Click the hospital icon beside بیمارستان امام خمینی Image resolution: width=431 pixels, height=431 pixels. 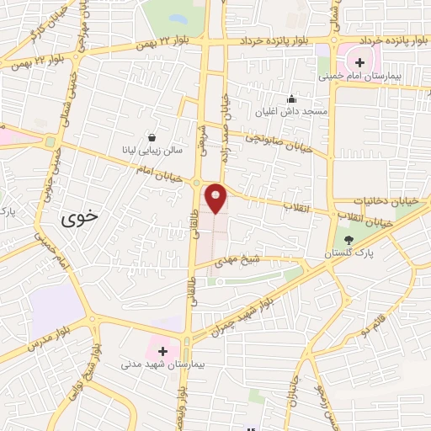[x=359, y=61]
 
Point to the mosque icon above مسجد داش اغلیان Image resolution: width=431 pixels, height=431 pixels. [x=292, y=98]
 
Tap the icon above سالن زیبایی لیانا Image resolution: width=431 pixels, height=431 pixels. [x=152, y=136]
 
